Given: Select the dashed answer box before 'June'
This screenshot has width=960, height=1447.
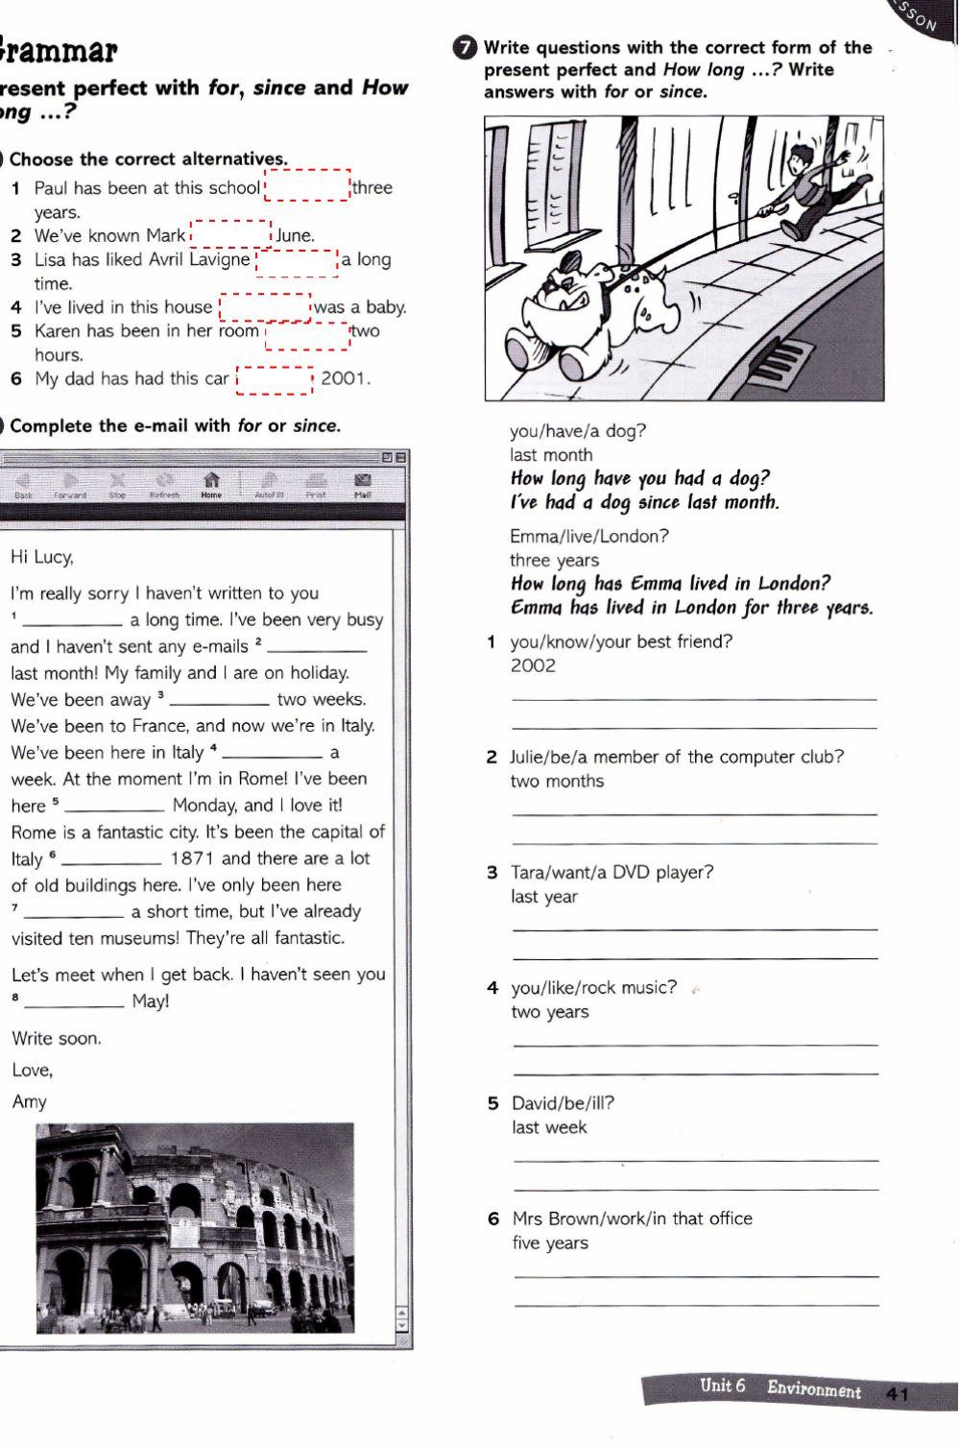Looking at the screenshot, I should coord(231,234).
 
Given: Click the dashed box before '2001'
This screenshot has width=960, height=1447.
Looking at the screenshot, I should coord(275,379).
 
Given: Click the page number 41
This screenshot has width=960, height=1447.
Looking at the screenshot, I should coord(898,1394).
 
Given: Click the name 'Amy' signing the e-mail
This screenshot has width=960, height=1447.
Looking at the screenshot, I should coord(29,1101).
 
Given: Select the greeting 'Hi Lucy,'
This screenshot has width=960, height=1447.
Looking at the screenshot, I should coord(41,557).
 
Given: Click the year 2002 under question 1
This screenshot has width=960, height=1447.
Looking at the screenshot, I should coord(533,665).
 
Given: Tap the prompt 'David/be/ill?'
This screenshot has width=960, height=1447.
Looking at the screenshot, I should coord(563,1103).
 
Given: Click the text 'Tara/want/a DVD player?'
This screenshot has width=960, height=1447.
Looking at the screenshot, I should coord(612,872).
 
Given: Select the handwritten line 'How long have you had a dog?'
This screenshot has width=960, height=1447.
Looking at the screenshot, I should coord(639,478).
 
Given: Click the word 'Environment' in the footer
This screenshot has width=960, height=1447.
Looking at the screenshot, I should coord(813,1389).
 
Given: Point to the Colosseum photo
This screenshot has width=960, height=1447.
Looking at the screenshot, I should coord(195,1228).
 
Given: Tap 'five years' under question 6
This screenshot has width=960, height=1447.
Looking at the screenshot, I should coord(549,1242).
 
